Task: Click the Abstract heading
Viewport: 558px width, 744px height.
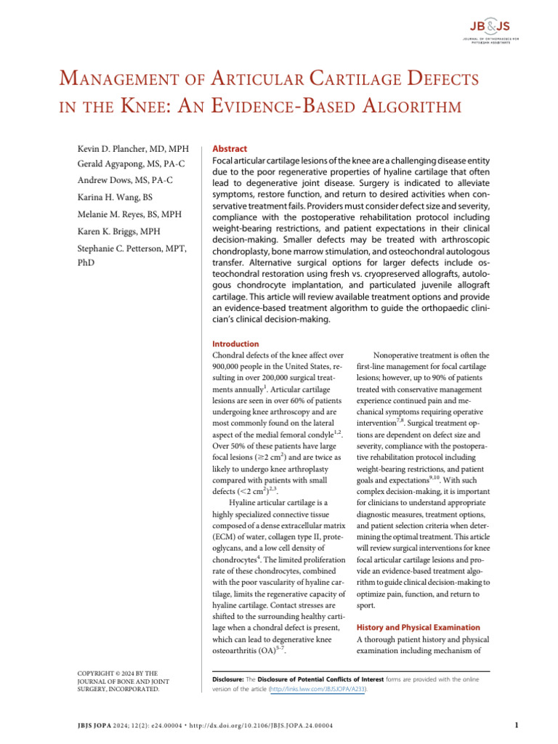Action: pyautogui.click(x=228, y=147)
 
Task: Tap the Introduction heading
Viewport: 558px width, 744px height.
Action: pyautogui.click(x=235, y=344)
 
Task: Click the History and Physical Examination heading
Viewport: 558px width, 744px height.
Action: pyautogui.click(x=418, y=627)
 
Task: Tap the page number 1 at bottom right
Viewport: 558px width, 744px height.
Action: pyautogui.click(x=515, y=724)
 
